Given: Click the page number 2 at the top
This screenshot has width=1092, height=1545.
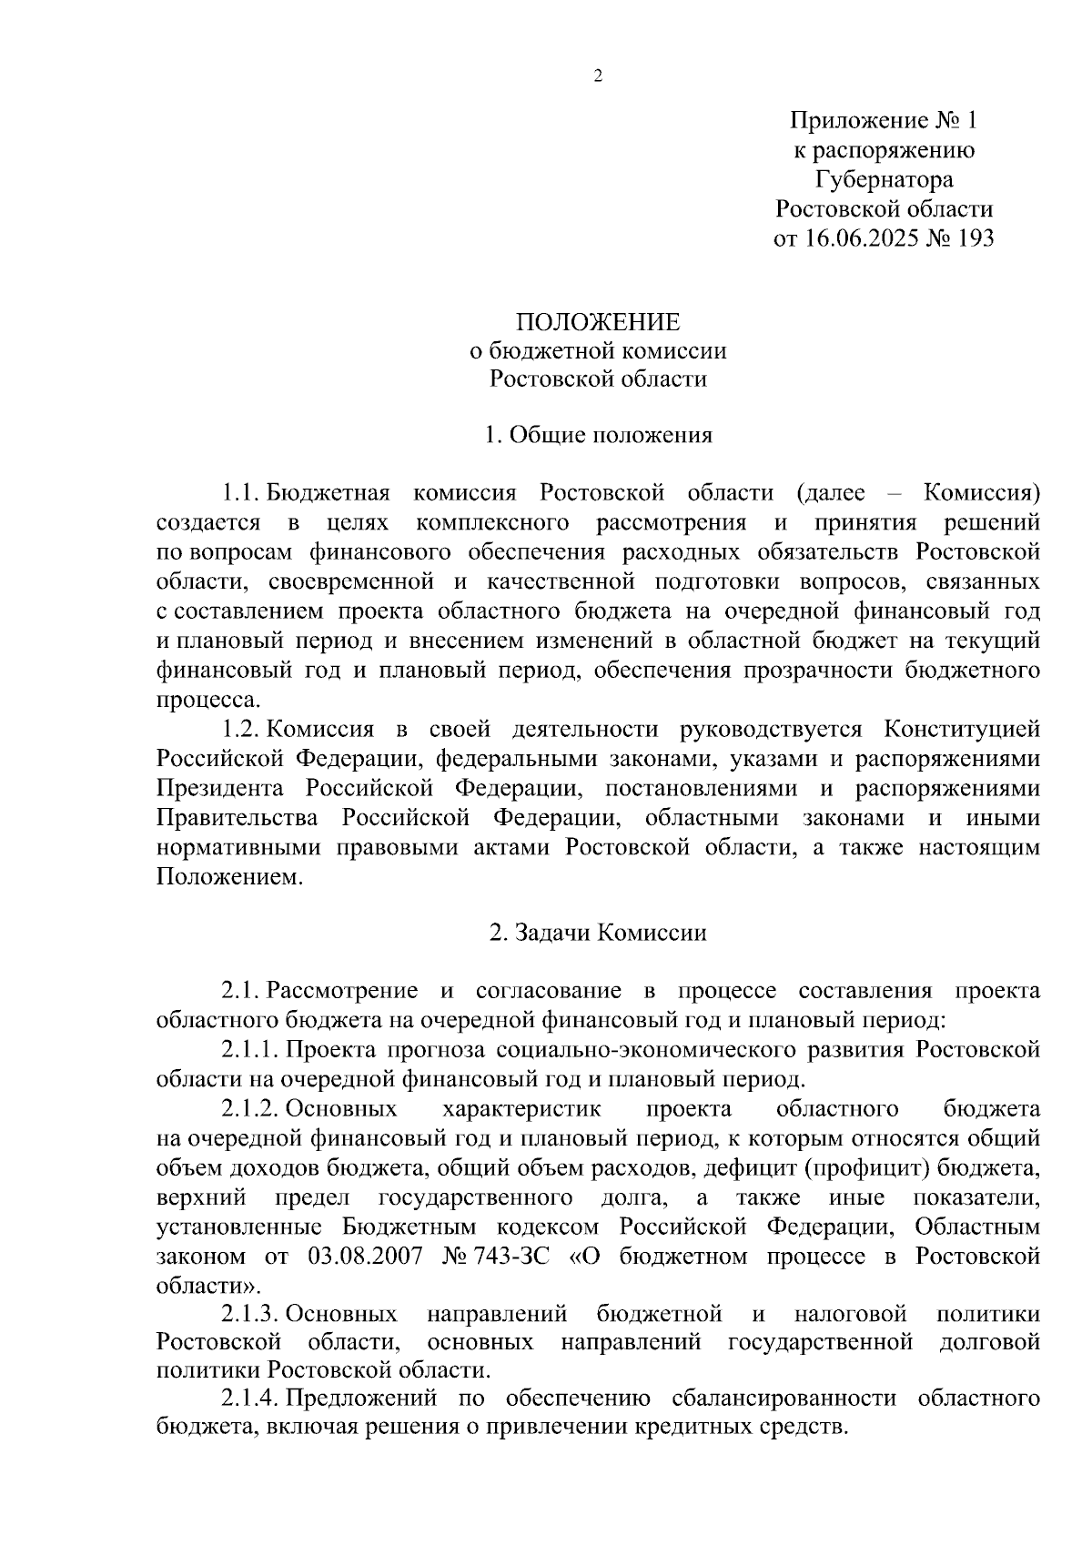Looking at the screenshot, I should tap(598, 77).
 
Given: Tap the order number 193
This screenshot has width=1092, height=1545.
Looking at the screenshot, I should tap(975, 238).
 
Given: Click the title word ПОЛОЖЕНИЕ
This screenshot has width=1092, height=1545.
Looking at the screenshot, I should tap(598, 322).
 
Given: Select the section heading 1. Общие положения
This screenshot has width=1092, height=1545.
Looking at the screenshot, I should tap(598, 435).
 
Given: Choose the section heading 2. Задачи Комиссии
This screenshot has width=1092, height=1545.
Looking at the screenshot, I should tap(598, 933).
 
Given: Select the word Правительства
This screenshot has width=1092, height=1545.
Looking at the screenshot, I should tap(238, 818).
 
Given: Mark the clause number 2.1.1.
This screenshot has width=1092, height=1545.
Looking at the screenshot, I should tap(250, 1050).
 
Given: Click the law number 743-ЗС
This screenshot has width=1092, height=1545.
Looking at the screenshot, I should tap(511, 1257).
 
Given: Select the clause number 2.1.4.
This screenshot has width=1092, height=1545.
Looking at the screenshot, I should tap(250, 1398).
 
